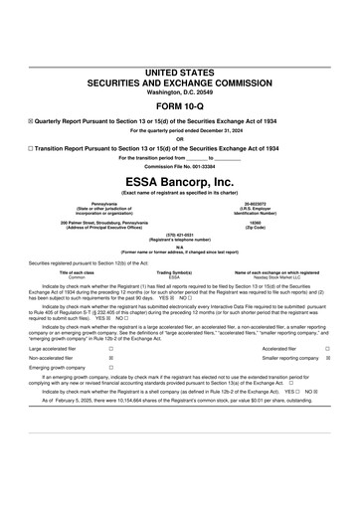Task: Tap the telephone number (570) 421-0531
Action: tap(180, 236)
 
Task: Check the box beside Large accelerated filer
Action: tap(109, 350)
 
